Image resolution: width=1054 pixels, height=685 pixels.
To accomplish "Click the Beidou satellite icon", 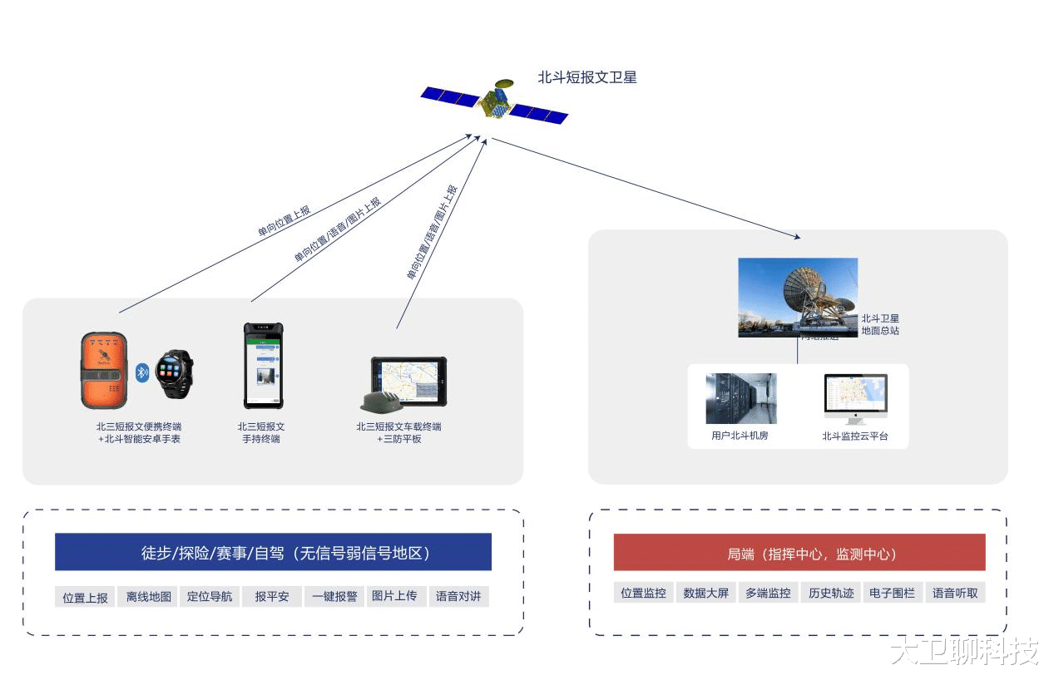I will pyautogui.click(x=493, y=103).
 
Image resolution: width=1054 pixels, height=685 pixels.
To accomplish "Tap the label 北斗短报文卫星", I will pyautogui.click(x=586, y=77).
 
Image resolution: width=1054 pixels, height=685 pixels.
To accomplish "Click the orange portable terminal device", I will pyautogui.click(x=104, y=371).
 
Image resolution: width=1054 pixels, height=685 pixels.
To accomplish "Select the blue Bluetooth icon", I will pyautogui.click(x=141, y=372).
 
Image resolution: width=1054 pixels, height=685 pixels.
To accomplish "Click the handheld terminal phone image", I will pyautogui.click(x=263, y=366).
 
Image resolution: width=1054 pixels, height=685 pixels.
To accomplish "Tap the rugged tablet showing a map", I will pyautogui.click(x=408, y=382).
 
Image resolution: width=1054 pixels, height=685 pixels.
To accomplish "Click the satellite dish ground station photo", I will pyautogui.click(x=797, y=297).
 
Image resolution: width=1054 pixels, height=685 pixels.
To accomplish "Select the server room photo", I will pyautogui.click(x=740, y=398).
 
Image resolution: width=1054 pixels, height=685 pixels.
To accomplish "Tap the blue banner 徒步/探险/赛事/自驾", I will pyautogui.click(x=273, y=553).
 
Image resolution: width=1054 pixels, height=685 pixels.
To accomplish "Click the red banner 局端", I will pyautogui.click(x=799, y=553).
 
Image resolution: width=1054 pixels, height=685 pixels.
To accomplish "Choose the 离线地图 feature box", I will pyautogui.click(x=149, y=597).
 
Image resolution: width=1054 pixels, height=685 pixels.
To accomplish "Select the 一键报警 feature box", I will pyautogui.click(x=334, y=597).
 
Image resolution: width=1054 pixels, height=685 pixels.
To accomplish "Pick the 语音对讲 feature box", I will pyautogui.click(x=458, y=597).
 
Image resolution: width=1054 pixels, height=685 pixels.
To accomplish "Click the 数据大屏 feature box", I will pyautogui.click(x=705, y=593).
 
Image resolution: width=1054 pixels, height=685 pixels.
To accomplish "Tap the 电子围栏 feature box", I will pyautogui.click(x=892, y=593).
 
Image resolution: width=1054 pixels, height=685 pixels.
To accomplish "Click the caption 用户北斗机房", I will pyautogui.click(x=740, y=435).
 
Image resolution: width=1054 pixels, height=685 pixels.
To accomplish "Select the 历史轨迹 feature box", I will pyautogui.click(x=831, y=593).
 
